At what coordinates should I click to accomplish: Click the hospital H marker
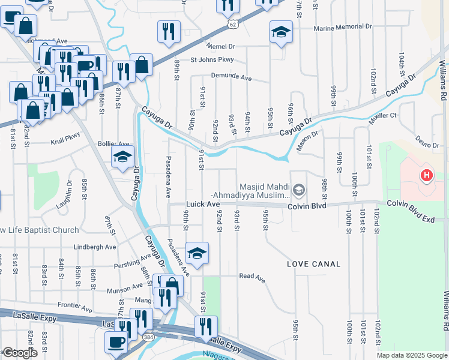tap(426, 175)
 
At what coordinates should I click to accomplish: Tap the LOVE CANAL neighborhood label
tap(313, 264)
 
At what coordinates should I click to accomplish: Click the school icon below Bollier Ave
tap(122, 157)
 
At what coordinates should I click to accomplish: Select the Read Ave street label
tap(252, 276)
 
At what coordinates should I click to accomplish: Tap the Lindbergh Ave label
tap(94, 247)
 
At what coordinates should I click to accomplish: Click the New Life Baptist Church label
tap(39, 230)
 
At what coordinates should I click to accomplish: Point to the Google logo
tap(20, 353)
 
